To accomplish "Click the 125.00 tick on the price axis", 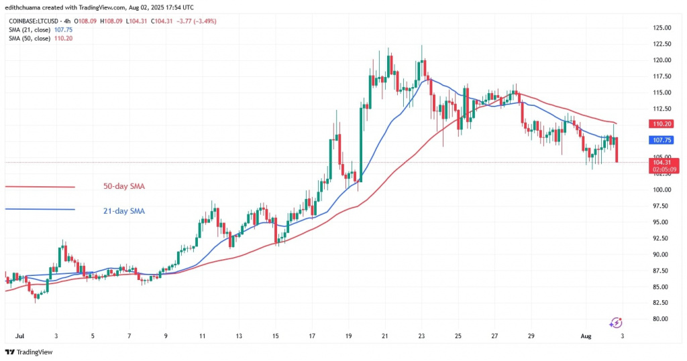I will point(662,27).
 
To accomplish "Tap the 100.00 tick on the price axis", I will point(662,190).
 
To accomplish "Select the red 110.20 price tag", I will point(662,124).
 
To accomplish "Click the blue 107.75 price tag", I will point(662,140).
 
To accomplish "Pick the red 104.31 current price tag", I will point(662,162).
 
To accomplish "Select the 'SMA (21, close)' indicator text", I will point(30,29).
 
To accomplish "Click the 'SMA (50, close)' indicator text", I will point(30,38).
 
